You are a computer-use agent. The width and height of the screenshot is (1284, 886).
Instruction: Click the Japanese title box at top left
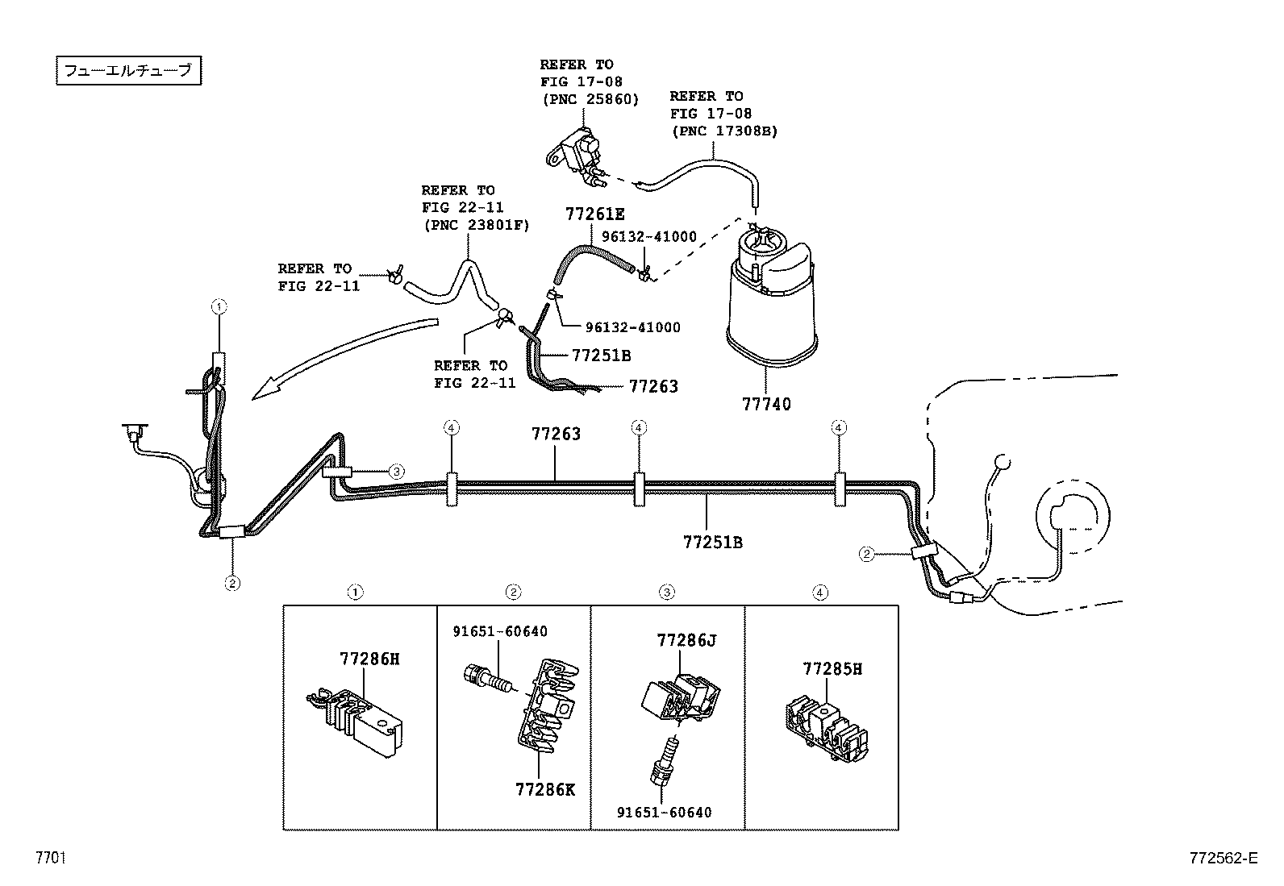127,71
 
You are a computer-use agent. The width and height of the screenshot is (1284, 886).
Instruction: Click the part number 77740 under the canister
766,404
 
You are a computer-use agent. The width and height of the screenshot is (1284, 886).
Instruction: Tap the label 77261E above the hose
595,214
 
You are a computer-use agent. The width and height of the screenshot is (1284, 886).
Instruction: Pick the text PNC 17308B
723,131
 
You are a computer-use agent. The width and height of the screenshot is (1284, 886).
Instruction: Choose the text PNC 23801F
476,225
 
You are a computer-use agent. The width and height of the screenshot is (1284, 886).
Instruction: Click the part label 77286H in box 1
369,659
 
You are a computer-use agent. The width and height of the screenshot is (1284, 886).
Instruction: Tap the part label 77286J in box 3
686,640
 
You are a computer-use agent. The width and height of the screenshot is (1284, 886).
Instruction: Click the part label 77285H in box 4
832,668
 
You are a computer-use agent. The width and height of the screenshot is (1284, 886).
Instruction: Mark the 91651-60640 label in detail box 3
665,812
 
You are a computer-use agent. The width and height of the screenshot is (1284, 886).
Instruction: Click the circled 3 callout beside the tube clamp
396,472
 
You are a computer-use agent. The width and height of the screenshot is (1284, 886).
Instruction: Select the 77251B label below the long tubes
713,542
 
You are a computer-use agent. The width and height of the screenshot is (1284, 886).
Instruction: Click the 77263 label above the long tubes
556,434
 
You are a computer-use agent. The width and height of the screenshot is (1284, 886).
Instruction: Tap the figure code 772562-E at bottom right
1222,858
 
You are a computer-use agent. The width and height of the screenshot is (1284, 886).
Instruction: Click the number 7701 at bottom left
49,858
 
